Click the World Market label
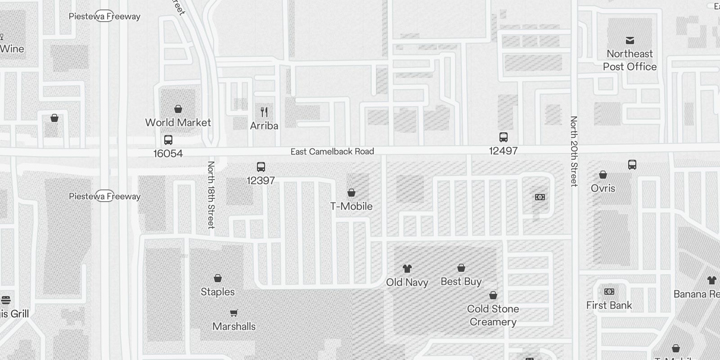(x=178, y=122)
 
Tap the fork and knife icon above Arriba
(x=264, y=112)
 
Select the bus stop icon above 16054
(x=168, y=140)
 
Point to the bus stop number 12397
(x=261, y=180)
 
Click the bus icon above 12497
(x=504, y=137)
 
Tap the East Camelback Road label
(x=332, y=152)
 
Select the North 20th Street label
(x=574, y=151)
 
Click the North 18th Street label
(x=211, y=195)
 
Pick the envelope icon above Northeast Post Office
(x=630, y=40)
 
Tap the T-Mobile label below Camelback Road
(x=351, y=206)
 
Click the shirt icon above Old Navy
(x=407, y=269)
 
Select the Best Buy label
(x=461, y=282)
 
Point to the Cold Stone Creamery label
(x=493, y=315)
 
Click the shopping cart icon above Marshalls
(x=234, y=313)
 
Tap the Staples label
(x=218, y=292)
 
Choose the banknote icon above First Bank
(x=609, y=292)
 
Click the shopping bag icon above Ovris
(x=603, y=175)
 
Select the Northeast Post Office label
(x=630, y=60)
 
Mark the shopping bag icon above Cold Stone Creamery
(x=493, y=295)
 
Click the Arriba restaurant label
(x=264, y=126)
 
